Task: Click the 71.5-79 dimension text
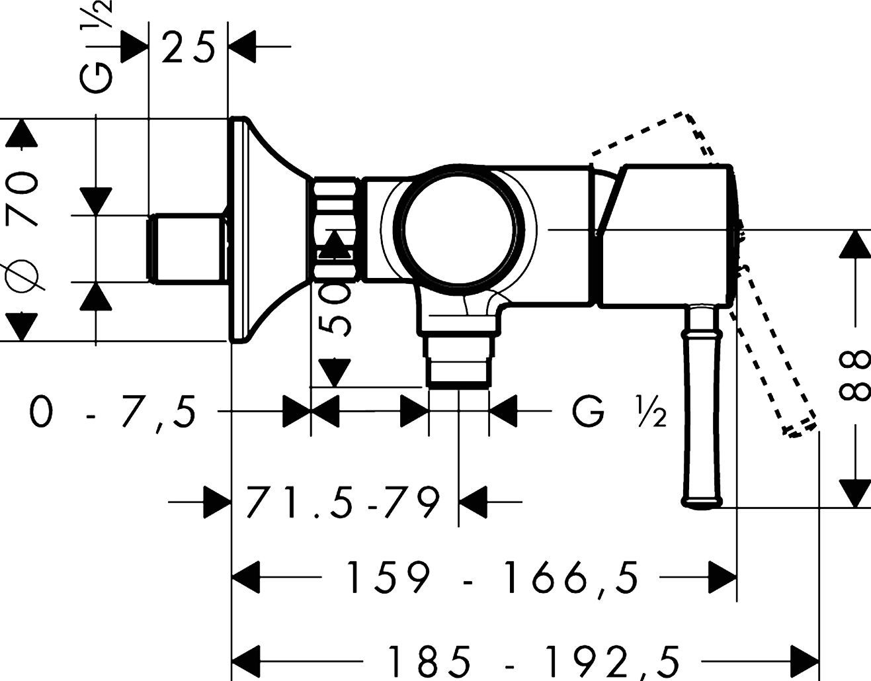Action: tap(343, 503)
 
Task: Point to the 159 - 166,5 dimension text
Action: tap(493, 577)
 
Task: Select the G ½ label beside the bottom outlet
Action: tap(618, 413)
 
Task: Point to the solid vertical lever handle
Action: tap(702, 404)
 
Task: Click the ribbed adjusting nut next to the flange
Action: tap(336, 228)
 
